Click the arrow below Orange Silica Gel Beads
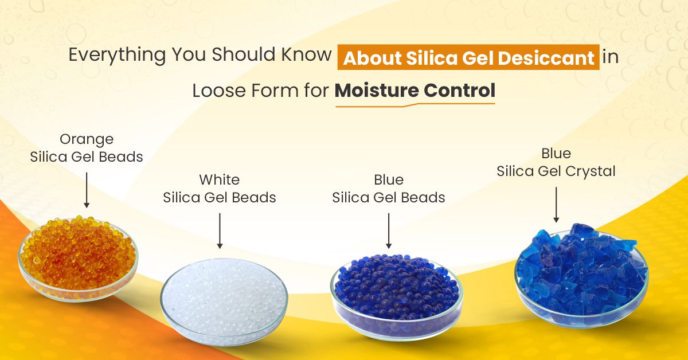[87, 189]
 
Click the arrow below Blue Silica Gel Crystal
[556, 204]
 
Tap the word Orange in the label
[87, 139]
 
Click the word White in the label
[220, 179]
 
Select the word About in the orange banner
[369, 58]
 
